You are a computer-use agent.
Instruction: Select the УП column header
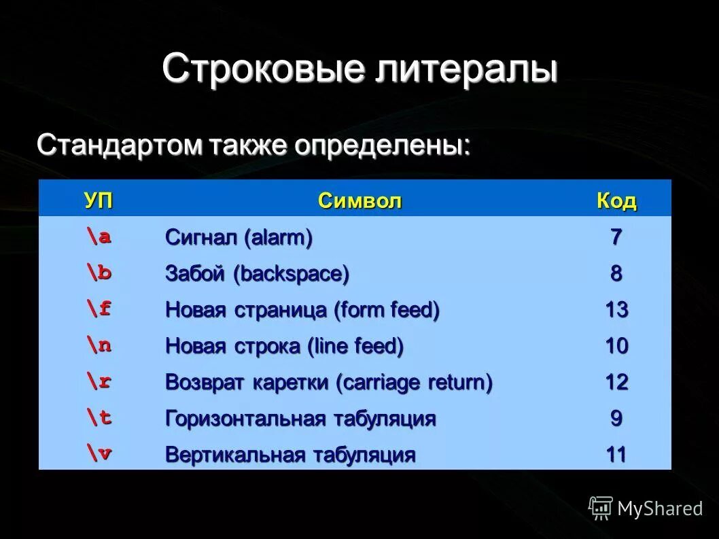pyautogui.click(x=99, y=201)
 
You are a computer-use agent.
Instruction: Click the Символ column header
pyautogui.click(x=359, y=201)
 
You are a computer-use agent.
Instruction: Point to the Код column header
pyautogui.click(x=616, y=201)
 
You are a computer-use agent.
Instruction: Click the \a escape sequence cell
pyautogui.click(x=99, y=237)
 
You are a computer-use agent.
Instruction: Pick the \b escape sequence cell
pyautogui.click(x=99, y=273)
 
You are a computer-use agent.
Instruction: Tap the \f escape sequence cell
pyautogui.click(x=99, y=309)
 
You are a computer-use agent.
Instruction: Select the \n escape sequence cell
pyautogui.click(x=99, y=345)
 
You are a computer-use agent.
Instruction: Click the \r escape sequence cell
pyautogui.click(x=99, y=381)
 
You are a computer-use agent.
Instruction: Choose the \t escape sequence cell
pyautogui.click(x=99, y=417)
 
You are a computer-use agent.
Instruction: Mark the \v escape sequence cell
pyautogui.click(x=99, y=453)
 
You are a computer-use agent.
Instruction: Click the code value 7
pyautogui.click(x=616, y=237)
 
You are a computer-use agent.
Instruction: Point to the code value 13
pyautogui.click(x=616, y=310)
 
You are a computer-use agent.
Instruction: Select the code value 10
pyautogui.click(x=616, y=346)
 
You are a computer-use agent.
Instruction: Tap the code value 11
pyautogui.click(x=616, y=454)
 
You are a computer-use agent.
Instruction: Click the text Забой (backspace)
pyautogui.click(x=257, y=274)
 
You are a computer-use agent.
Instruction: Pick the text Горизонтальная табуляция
pyautogui.click(x=300, y=418)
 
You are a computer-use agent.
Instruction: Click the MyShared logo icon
pyautogui.click(x=601, y=508)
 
